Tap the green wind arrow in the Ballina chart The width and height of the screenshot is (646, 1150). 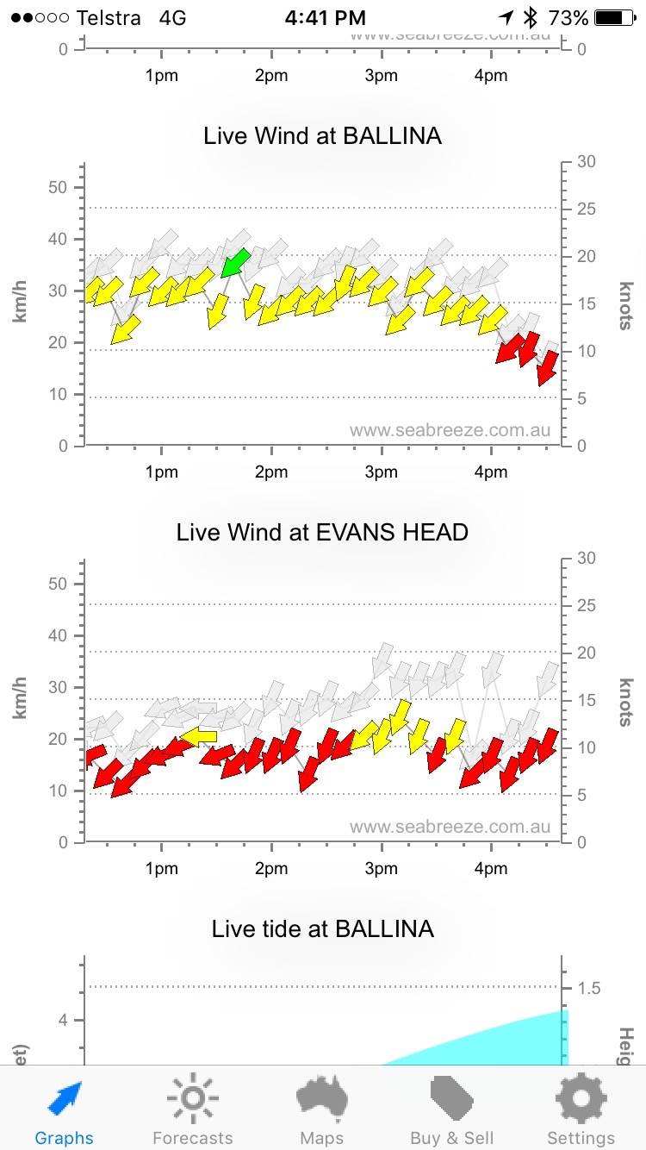(x=235, y=262)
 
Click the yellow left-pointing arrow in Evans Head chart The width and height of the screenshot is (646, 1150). (x=199, y=736)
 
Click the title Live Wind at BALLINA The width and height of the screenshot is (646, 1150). (x=322, y=136)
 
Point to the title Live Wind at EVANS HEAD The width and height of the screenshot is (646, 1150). (x=322, y=532)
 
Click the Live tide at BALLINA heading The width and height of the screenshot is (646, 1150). (x=322, y=928)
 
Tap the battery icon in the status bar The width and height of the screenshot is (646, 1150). (x=613, y=18)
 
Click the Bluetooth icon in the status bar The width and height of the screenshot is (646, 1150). (x=531, y=18)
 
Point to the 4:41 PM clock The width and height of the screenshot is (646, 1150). (x=326, y=18)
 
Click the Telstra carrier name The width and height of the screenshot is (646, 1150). (x=109, y=18)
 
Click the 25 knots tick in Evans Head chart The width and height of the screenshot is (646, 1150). (x=587, y=605)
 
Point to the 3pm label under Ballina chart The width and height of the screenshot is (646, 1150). (x=381, y=472)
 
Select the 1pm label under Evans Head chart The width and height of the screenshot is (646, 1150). (x=161, y=869)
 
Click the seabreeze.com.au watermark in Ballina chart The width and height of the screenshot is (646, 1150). (x=450, y=430)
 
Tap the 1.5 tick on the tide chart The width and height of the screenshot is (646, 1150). (x=589, y=988)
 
